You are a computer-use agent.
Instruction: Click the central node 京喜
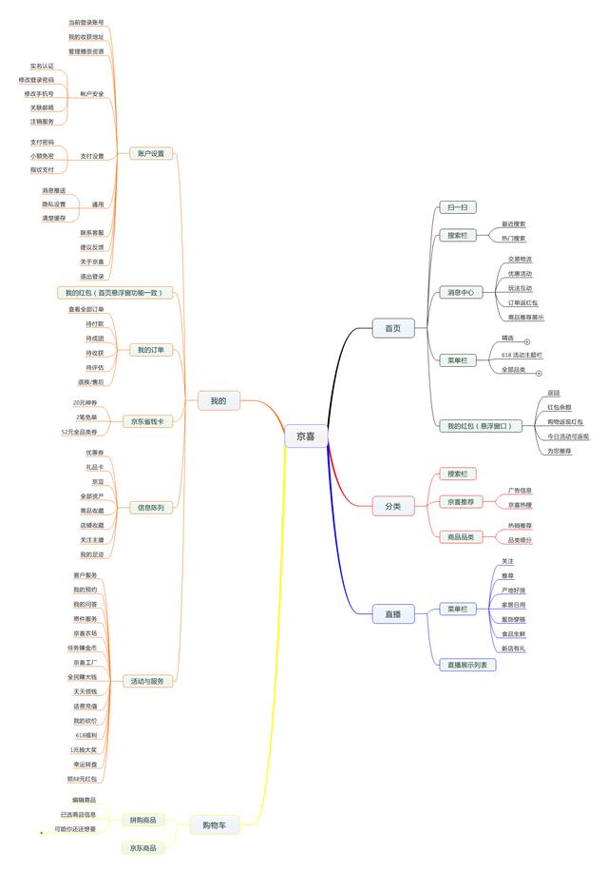point(306,436)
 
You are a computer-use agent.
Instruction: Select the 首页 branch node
point(392,328)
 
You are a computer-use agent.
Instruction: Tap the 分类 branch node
point(392,507)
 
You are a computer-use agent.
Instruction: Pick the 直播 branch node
point(392,614)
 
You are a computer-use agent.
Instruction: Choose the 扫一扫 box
point(457,206)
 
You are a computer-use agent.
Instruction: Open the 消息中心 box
point(461,292)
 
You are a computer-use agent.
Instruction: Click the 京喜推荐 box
point(461,500)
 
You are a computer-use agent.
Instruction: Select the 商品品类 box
point(461,536)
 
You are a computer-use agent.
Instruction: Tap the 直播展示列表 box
point(466,665)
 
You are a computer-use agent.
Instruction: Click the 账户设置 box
point(150,153)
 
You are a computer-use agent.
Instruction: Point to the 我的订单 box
point(150,350)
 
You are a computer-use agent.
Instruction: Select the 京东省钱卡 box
point(147,420)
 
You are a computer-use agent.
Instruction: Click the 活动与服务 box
point(147,681)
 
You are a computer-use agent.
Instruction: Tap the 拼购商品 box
point(142,820)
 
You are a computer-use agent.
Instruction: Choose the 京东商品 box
point(142,847)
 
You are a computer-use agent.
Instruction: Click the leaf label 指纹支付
point(42,169)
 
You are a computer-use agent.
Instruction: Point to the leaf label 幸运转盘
point(84,764)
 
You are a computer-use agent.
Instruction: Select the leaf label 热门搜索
point(513,238)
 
